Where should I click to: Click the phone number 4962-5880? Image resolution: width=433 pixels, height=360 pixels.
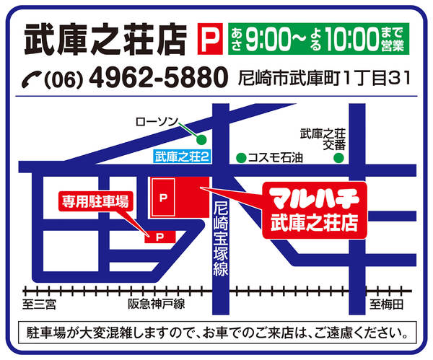(157, 76)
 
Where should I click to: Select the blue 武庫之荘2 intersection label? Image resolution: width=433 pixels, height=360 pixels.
(182, 156)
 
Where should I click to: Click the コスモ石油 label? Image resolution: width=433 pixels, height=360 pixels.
(276, 157)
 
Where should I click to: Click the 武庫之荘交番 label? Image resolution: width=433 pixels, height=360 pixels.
(323, 138)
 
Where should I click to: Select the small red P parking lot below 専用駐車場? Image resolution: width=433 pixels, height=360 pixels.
(159, 235)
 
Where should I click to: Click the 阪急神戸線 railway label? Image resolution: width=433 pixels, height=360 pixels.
(157, 304)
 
